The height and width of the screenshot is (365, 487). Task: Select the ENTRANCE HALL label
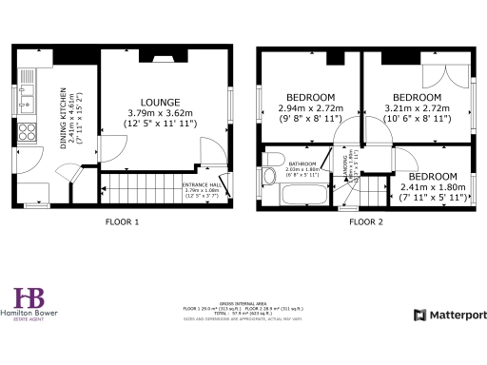(x=201, y=186)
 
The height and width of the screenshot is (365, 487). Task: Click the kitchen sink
(x=30, y=92)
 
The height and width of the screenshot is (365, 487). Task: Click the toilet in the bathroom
(x=274, y=159)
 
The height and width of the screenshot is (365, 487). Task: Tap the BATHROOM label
(x=302, y=164)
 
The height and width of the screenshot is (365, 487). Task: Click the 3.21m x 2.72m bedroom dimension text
(x=418, y=108)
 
